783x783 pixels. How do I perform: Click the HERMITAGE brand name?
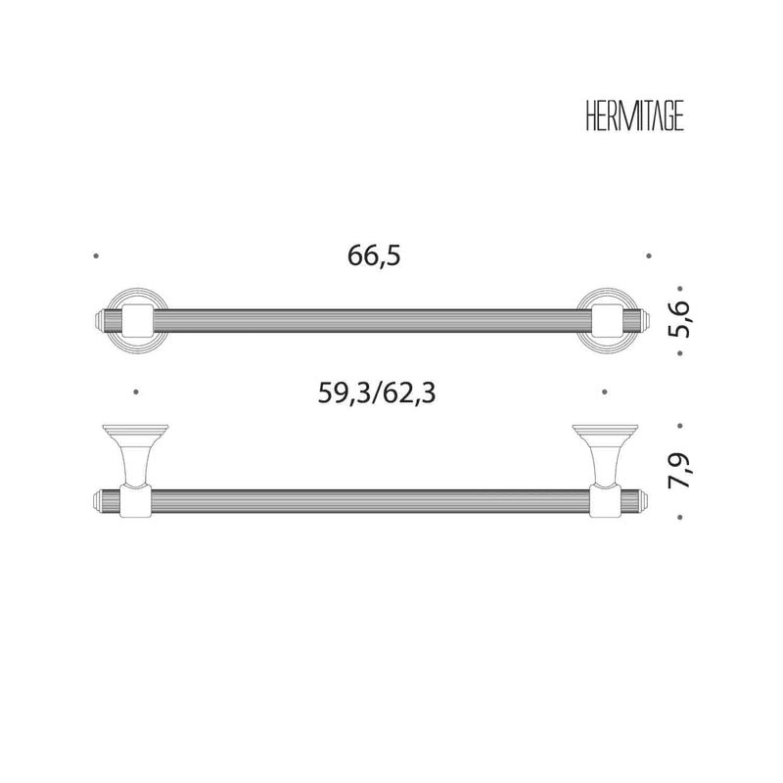634,117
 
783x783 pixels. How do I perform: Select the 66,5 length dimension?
374,256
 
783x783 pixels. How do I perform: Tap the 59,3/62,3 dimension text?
377,393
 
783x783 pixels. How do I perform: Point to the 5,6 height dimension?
679,320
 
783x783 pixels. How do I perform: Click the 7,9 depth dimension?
679,470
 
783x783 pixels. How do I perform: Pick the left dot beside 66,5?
96,256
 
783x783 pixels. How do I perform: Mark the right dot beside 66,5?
649,256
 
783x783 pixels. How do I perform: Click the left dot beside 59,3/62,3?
136,392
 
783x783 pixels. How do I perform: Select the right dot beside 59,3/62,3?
605,392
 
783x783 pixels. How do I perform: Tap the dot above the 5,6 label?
680,289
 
